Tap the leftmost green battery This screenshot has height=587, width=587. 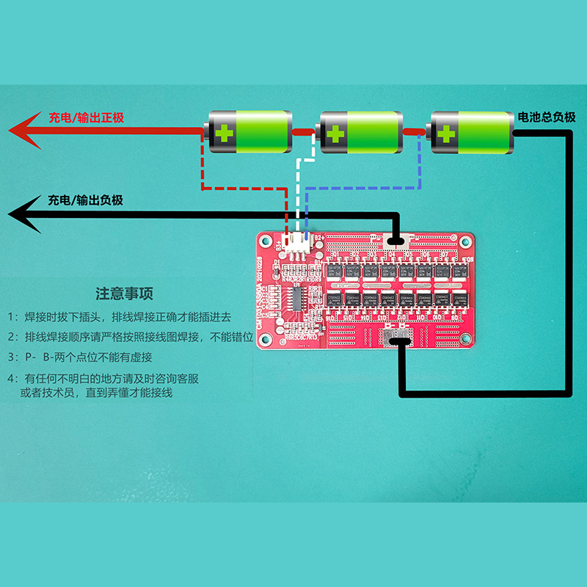(x=249, y=132)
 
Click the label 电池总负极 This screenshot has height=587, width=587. (x=546, y=117)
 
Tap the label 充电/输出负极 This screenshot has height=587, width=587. (x=85, y=200)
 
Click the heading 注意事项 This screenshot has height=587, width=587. (x=125, y=294)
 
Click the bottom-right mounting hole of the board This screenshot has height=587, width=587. (x=464, y=338)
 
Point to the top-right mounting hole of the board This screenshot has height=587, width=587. (x=464, y=241)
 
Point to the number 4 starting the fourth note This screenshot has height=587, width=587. (x=11, y=379)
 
